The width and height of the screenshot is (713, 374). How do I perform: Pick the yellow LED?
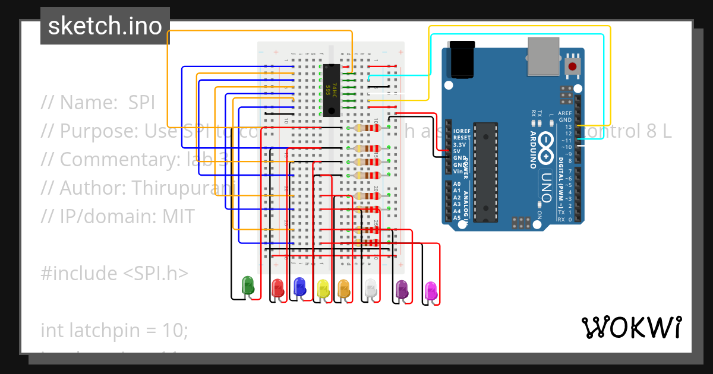pos(323,289)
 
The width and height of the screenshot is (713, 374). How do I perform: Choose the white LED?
pos(371,289)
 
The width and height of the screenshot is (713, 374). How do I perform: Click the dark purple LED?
pos(402,290)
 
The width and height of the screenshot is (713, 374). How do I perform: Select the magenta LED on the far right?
pos(431,291)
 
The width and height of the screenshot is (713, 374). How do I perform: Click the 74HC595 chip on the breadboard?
pos(332,90)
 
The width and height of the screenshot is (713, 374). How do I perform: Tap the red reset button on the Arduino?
pos(573,66)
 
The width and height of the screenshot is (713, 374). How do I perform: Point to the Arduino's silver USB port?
pos(544,56)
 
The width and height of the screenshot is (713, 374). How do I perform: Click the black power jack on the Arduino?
pos(462,59)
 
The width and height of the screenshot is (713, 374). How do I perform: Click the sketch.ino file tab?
pos(105,26)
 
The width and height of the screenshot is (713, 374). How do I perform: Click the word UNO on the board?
pos(547,186)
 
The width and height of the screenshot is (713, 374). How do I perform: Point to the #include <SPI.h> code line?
pos(114,273)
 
